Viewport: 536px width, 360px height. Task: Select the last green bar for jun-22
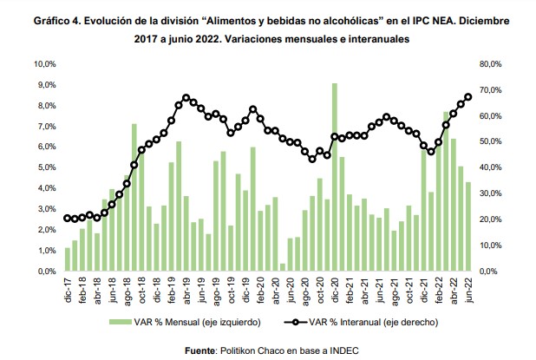click(x=468, y=226)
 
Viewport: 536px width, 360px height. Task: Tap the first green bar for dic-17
click(x=67, y=259)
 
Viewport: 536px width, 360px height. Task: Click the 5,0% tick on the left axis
click(x=45, y=167)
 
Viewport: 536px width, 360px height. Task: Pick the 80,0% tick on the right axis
click(x=492, y=64)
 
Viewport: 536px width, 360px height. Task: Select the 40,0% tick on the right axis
click(x=492, y=167)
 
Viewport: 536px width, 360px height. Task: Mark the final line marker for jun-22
click(x=468, y=97)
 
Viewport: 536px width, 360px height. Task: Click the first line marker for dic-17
click(x=67, y=219)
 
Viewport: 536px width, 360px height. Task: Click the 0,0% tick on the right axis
click(x=490, y=272)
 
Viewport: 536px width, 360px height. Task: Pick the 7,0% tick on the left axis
click(x=45, y=127)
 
